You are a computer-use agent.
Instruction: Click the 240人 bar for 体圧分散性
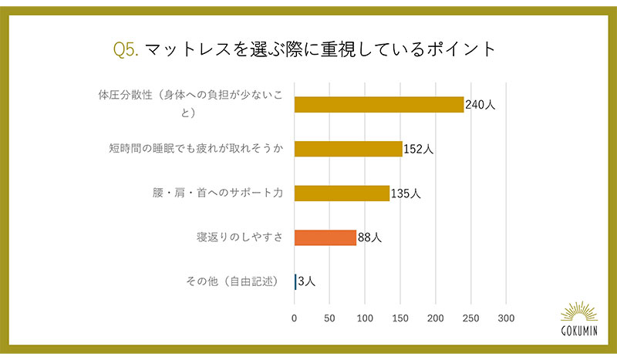click(x=379, y=105)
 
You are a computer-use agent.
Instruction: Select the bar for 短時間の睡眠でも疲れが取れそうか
click(x=348, y=149)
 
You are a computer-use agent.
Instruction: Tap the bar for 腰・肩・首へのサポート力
click(x=342, y=193)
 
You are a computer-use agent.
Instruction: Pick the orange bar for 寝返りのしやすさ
click(x=325, y=237)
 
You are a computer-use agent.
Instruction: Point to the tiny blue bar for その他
click(x=295, y=281)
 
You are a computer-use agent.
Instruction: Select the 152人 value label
click(x=419, y=149)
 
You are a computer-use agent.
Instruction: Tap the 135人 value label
click(x=406, y=193)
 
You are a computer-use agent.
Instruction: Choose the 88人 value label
click(x=369, y=237)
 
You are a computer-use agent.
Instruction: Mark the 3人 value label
click(x=306, y=281)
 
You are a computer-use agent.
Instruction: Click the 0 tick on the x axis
click(x=294, y=317)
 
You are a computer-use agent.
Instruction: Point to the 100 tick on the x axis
click(x=365, y=317)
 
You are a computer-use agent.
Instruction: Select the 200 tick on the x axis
click(x=436, y=317)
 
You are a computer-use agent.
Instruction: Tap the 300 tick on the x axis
click(x=506, y=317)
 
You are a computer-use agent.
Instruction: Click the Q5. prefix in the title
click(x=125, y=50)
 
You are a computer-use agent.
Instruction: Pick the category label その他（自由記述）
click(x=236, y=281)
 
